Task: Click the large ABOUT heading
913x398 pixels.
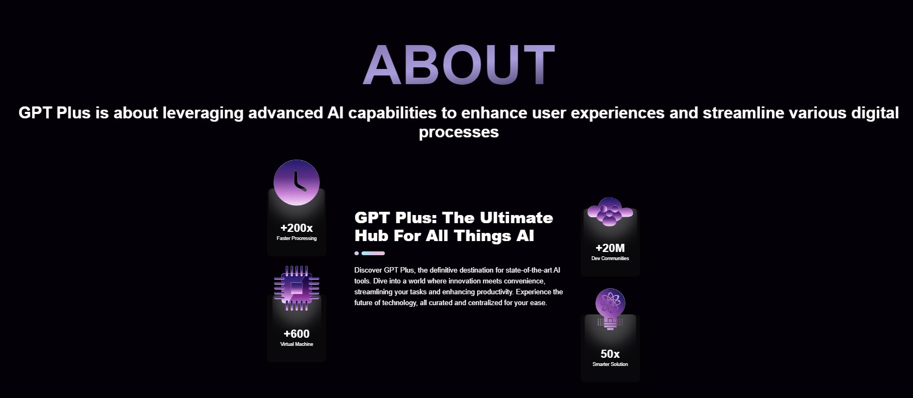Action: (x=459, y=65)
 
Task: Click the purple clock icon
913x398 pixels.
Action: (x=296, y=182)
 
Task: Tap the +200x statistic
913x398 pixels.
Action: (x=296, y=228)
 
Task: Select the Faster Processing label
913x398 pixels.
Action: (x=296, y=238)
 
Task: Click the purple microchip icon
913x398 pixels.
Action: (x=296, y=288)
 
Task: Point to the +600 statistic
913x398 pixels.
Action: (x=296, y=334)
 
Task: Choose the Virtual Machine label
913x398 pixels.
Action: (x=296, y=344)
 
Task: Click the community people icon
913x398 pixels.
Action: (x=610, y=212)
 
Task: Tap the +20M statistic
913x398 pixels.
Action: (x=610, y=248)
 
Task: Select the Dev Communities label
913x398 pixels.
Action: (x=610, y=258)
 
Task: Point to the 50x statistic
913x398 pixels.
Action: (x=610, y=354)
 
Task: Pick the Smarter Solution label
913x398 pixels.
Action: (x=610, y=364)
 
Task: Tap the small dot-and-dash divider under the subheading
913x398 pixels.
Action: (x=370, y=253)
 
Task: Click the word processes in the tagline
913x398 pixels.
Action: (x=459, y=132)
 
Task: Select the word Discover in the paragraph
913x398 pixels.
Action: (x=368, y=270)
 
